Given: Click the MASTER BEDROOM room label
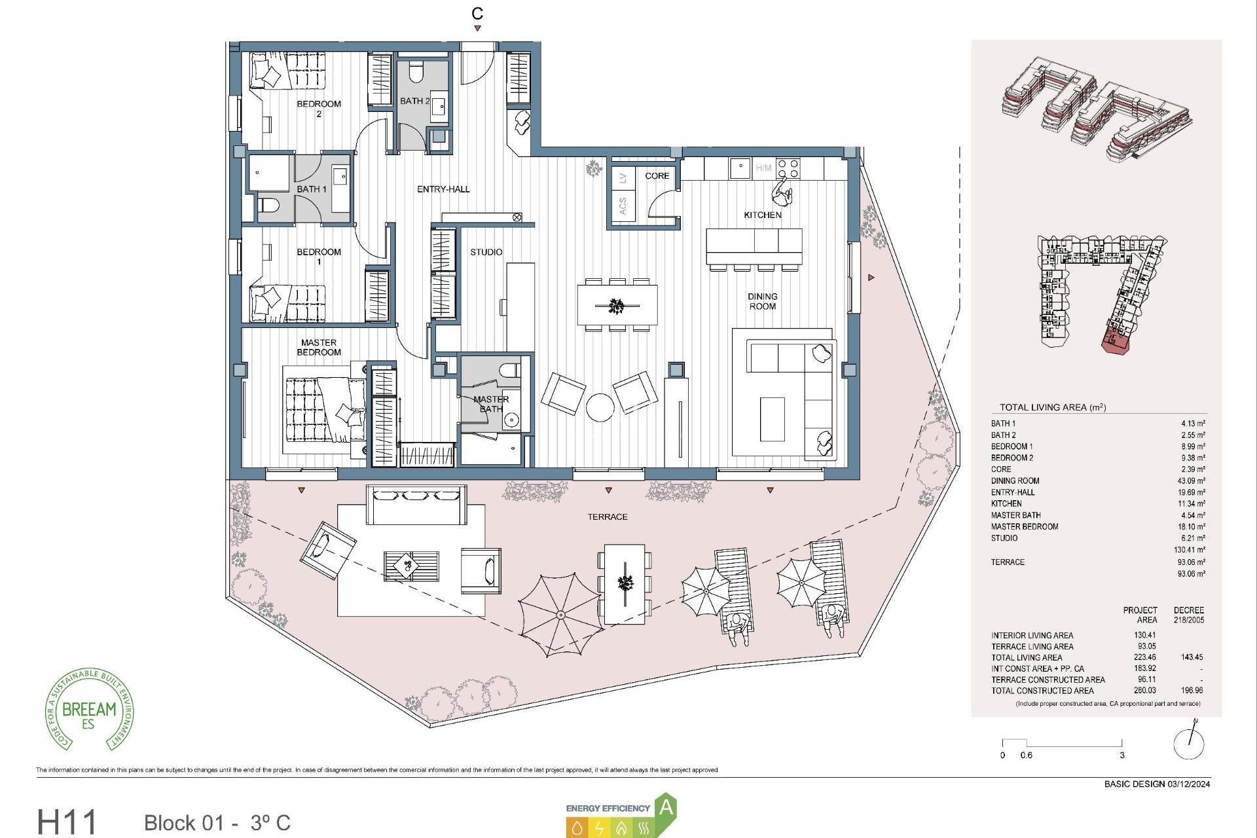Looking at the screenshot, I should (x=319, y=347).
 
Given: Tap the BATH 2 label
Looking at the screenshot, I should (x=415, y=101).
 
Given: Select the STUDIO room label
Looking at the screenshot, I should (x=486, y=252).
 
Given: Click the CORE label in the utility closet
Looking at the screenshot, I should (x=657, y=175).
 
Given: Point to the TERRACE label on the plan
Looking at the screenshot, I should (x=607, y=517).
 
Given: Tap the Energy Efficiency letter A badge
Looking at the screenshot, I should (x=665, y=808).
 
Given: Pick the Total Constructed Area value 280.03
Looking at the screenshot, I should (x=1145, y=690).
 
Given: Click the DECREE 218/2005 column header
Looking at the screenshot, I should (x=1188, y=614).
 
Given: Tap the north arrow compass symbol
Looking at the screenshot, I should (x=1188, y=742).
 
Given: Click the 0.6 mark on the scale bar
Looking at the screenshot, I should (x=1026, y=755).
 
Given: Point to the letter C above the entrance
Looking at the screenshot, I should (x=477, y=13).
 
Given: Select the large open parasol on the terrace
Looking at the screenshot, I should (x=560, y=615).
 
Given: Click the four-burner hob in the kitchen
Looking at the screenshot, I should (x=788, y=168).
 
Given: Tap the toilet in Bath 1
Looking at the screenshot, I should (x=268, y=206).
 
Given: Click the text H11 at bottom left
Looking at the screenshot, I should (x=67, y=822).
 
